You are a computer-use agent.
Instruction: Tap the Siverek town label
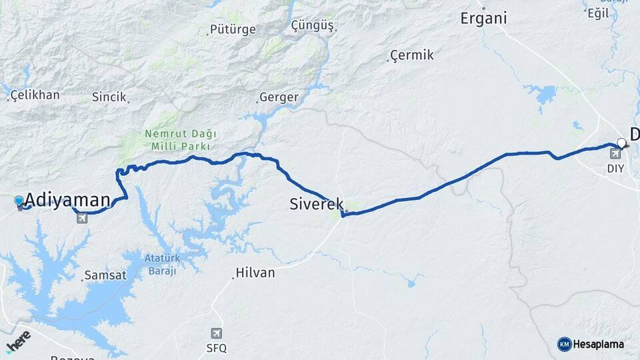[x=317, y=204]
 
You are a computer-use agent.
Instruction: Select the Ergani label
[x=483, y=18]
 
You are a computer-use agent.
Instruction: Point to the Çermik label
[x=412, y=55]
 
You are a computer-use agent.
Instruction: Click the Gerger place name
[x=278, y=97]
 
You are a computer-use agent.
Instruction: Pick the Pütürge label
[x=233, y=29]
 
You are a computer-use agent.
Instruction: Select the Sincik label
[x=109, y=97]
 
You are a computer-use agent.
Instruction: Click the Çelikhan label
[x=35, y=95]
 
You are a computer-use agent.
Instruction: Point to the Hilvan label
[x=255, y=273]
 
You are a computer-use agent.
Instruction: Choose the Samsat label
[x=105, y=275]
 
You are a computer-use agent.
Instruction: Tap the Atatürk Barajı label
[x=161, y=263]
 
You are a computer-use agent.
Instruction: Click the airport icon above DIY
[x=614, y=154]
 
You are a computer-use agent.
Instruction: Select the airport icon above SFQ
[x=216, y=333]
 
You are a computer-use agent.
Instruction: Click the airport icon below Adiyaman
[x=82, y=219]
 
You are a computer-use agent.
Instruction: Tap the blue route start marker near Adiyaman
[x=19, y=200]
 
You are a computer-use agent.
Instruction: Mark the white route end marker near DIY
[x=622, y=142]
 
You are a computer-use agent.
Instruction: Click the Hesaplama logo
[x=591, y=344]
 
